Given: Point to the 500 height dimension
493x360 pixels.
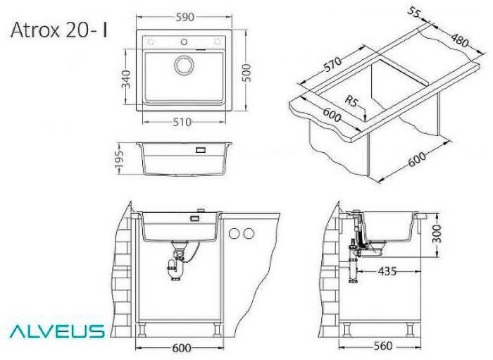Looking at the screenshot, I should pyautogui.click(x=246, y=70).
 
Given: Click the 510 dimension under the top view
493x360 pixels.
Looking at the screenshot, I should pyautogui.click(x=182, y=122).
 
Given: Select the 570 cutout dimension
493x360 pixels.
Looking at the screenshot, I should pyautogui.click(x=331, y=67).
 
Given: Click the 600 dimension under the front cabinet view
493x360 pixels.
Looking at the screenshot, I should pyautogui.click(x=183, y=347).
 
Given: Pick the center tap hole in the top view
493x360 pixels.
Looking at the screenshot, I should pyautogui.click(x=185, y=42).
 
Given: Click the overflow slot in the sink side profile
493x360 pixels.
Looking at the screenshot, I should pyautogui.click(x=200, y=150).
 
